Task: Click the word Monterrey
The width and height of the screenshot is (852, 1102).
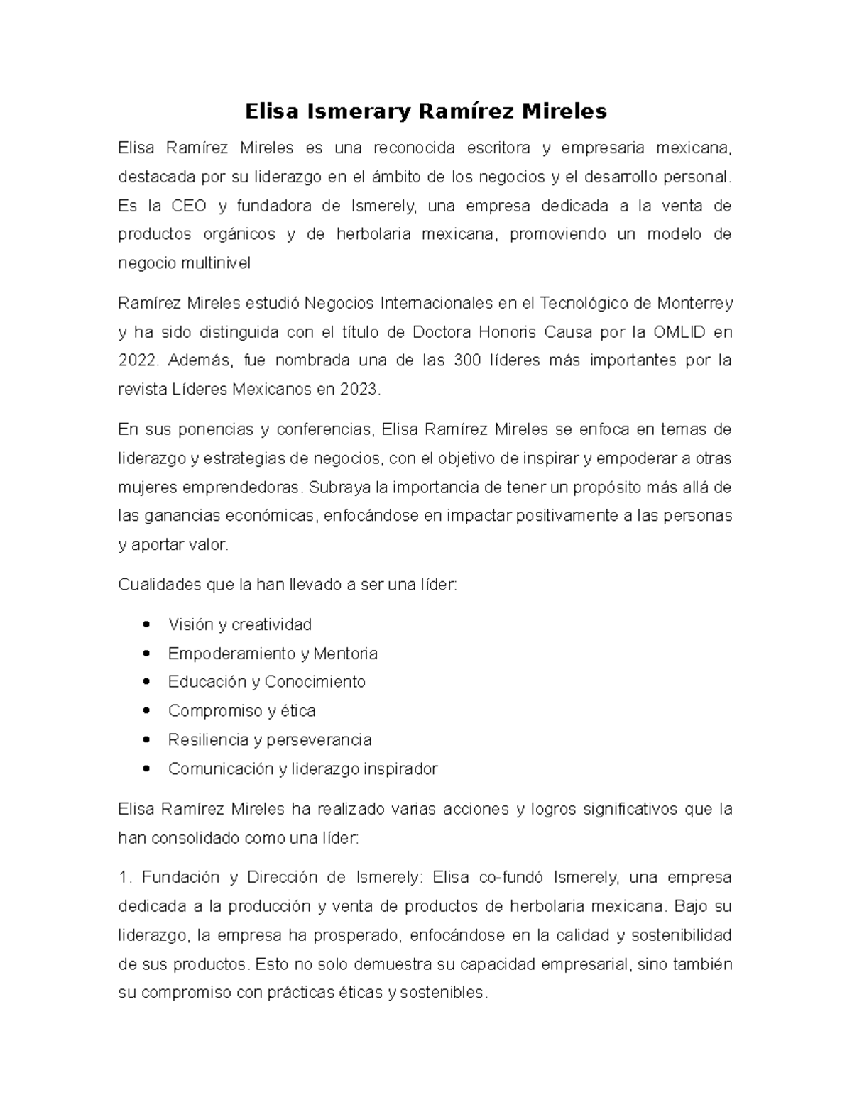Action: tap(694, 303)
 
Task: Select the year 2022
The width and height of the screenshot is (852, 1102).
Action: tap(136, 360)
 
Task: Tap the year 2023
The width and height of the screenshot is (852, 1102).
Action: tap(360, 390)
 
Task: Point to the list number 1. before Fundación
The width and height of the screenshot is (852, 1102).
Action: tap(125, 877)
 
